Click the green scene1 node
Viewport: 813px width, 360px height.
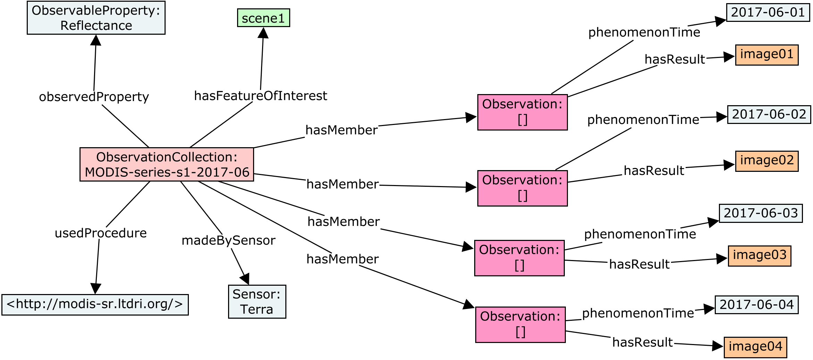point(263,18)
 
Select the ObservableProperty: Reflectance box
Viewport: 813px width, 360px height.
point(96,18)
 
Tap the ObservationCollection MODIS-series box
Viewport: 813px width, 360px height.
point(167,165)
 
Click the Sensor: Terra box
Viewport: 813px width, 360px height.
point(257,302)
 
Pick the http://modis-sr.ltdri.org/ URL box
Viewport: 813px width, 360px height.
point(95,304)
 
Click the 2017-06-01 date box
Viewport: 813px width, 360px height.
point(768,12)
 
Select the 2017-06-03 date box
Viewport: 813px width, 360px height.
point(760,213)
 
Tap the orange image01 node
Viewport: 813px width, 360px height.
point(766,55)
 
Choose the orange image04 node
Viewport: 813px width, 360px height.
point(755,347)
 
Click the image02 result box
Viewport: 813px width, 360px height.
point(766,161)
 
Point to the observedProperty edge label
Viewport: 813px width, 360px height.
point(94,97)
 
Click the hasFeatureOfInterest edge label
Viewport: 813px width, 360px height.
point(260,96)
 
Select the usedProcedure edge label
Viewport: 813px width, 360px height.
point(101,233)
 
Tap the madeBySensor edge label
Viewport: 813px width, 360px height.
point(228,240)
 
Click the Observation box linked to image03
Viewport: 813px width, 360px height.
point(519,258)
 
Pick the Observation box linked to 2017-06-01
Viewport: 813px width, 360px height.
point(522,112)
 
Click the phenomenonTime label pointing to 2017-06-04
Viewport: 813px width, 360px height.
point(638,313)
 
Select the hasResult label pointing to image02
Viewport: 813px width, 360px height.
point(654,171)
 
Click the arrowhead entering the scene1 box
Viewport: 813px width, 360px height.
point(263,33)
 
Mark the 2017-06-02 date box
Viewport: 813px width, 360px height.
point(769,114)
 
